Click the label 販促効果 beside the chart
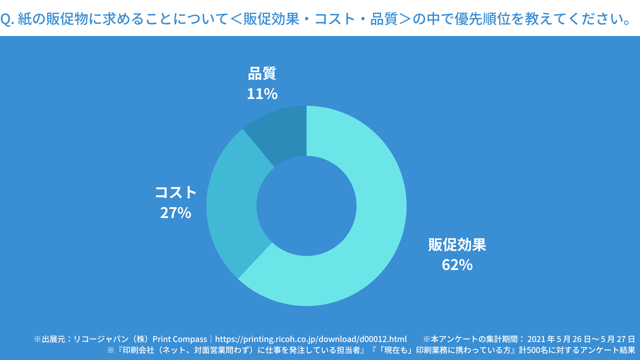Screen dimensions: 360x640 457,245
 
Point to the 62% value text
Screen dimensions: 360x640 457,265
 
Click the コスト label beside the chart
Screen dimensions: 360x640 176,193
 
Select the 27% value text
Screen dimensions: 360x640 176,213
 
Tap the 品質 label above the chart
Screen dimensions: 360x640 262,73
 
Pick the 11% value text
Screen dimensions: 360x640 262,94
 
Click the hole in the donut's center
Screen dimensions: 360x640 306,206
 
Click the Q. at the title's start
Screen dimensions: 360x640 7,19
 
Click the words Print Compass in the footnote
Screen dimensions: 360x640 180,339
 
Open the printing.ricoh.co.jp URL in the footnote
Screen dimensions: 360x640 311,339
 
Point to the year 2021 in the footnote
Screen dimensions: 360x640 536,339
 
